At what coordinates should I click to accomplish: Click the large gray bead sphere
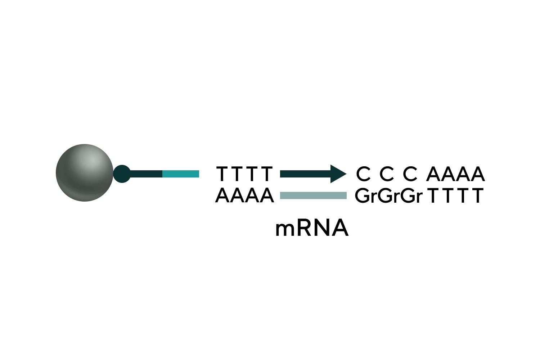85,173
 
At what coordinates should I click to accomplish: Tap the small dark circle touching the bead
122,174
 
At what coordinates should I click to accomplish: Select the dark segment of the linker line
146,174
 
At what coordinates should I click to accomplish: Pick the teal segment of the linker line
181,174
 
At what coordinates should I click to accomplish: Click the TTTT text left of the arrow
245,174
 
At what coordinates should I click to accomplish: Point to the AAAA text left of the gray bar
245,196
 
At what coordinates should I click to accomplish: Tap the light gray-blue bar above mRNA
313,195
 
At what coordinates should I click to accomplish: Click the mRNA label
312,228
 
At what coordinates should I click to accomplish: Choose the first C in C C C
363,174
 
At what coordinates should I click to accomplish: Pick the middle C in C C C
387,174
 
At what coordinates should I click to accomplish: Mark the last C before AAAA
410,174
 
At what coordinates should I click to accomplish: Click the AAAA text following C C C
456,174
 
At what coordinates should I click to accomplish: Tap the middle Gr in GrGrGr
388,196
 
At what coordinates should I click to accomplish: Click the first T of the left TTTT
222,174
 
